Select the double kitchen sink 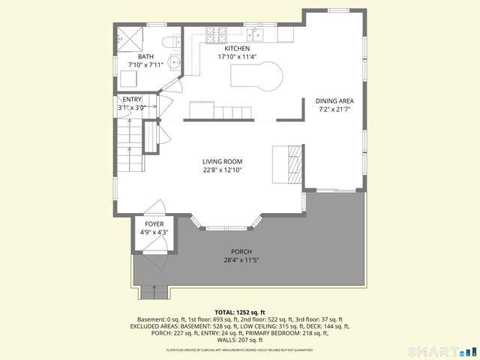(x=256, y=34)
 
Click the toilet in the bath (x=174, y=41)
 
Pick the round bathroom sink (x=173, y=63)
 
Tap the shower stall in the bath (x=130, y=38)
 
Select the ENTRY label (x=131, y=100)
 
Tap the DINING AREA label (x=334, y=100)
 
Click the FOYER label (x=154, y=224)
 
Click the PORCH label (x=241, y=252)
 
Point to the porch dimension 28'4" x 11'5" (x=241, y=260)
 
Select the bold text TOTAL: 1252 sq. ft (x=240, y=312)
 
